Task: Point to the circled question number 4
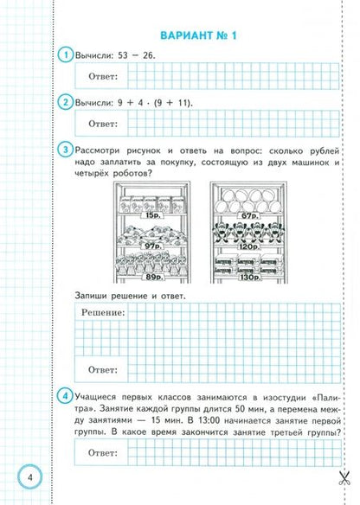63,396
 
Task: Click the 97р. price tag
153,246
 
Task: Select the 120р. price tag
249,246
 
